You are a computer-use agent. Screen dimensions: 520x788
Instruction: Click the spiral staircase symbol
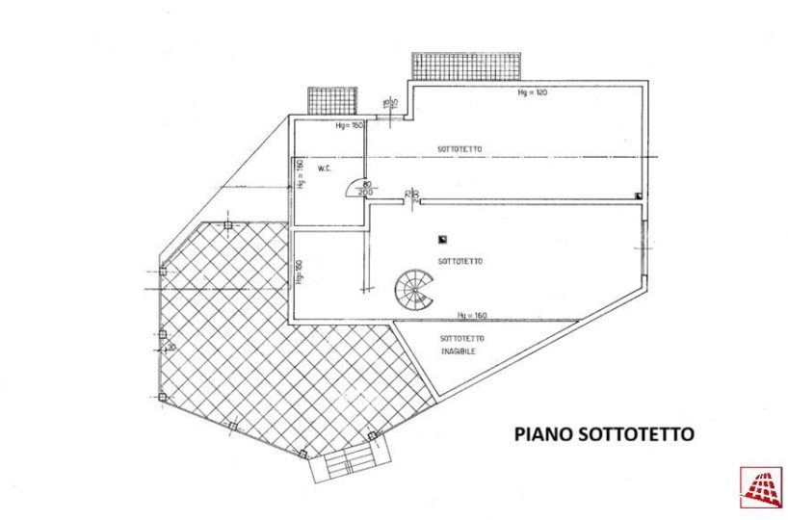point(413,287)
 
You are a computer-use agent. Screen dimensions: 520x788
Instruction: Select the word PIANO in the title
point(543,434)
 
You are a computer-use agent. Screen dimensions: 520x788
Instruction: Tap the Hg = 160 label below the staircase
point(472,315)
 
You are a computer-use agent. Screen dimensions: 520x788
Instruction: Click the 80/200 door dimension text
point(365,188)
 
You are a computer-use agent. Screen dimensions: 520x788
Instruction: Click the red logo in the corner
point(760,487)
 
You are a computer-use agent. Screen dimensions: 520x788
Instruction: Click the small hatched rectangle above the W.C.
point(332,99)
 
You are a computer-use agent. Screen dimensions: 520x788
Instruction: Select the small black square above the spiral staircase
point(441,238)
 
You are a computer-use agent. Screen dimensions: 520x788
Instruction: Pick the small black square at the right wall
point(638,195)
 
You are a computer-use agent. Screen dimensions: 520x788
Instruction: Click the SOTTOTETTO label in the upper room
point(460,149)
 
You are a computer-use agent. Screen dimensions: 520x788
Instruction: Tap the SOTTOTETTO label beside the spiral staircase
point(460,261)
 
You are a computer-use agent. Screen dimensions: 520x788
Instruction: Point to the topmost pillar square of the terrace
point(227,225)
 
